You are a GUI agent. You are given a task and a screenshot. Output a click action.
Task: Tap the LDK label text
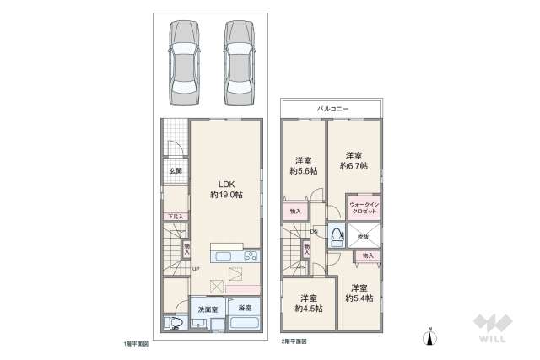coord(226,185)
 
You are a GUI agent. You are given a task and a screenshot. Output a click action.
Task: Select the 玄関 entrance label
coord(175,171)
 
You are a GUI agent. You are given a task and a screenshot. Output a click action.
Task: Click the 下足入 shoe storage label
coord(174,216)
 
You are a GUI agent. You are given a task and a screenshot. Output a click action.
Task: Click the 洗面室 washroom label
coord(208,310)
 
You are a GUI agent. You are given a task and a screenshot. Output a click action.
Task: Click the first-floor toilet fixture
coord(174,322)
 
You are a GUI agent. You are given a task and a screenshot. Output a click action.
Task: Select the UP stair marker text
coord(195,269)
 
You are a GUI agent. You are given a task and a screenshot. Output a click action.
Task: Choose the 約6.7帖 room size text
coord(353,166)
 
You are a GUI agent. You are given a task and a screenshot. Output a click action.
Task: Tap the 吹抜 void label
coord(363,237)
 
